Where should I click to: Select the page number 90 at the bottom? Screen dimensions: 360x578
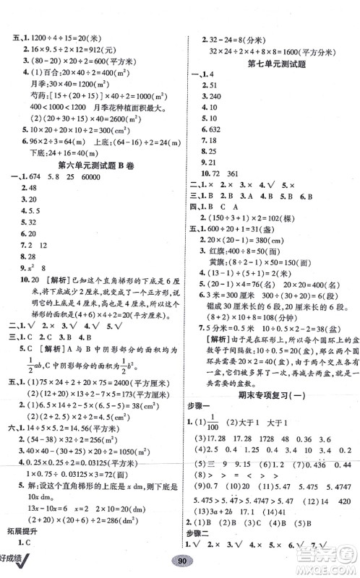(x=179, y=564)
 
